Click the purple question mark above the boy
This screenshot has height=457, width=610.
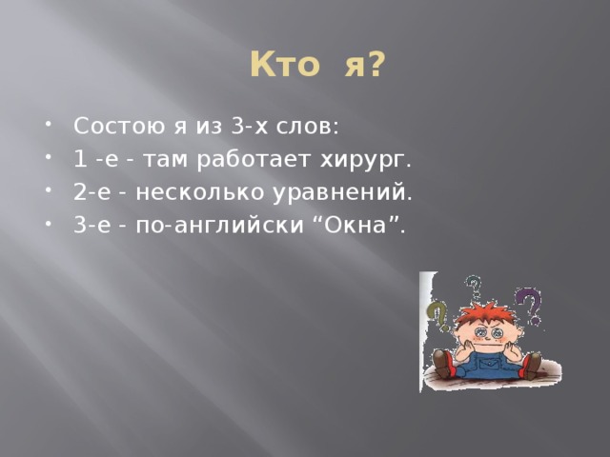click(527, 307)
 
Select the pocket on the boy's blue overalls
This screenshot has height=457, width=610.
click(484, 361)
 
